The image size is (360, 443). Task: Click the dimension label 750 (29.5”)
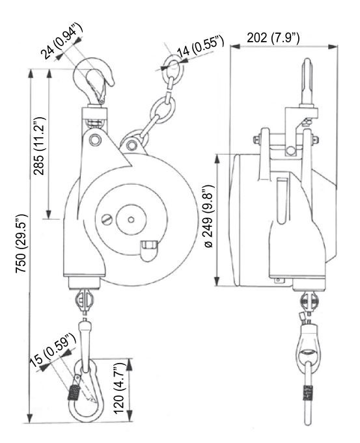[21, 243]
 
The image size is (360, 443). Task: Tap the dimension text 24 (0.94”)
[62, 41]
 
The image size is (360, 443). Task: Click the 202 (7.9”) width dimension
[273, 38]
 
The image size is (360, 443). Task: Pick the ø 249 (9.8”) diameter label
[209, 217]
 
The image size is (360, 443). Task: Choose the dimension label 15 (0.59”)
[53, 349]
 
